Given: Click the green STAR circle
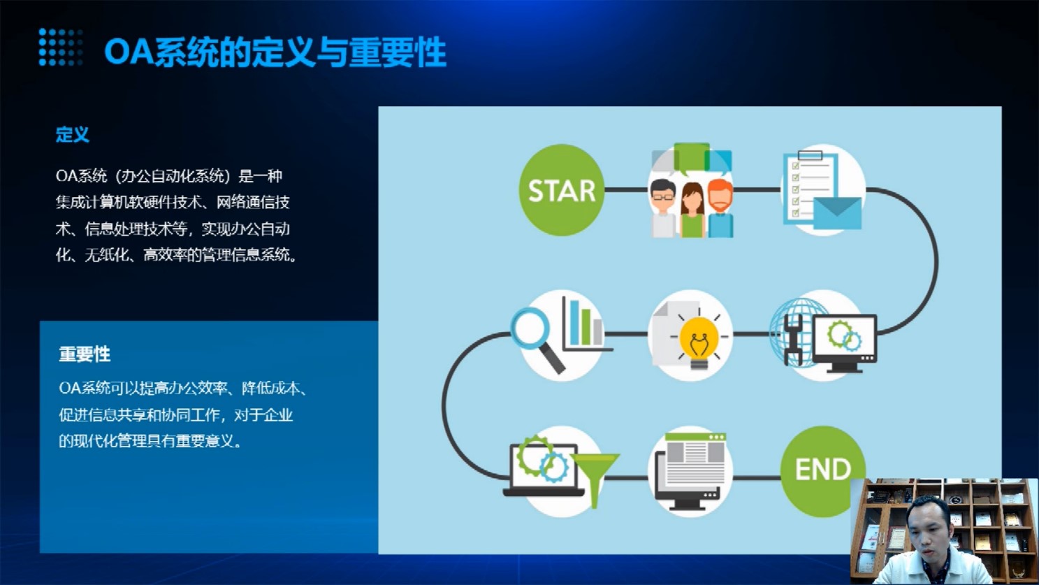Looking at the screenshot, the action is [x=561, y=190].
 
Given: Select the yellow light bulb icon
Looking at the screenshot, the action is [x=699, y=340].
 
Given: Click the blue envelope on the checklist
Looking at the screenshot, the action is [x=837, y=213].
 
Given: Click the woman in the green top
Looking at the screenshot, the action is [x=692, y=210].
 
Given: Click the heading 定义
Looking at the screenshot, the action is [x=73, y=134].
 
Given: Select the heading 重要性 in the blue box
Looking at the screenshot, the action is [x=85, y=354].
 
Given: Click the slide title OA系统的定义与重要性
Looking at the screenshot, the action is [x=275, y=52].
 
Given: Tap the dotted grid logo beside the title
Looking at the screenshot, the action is [x=61, y=47].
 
